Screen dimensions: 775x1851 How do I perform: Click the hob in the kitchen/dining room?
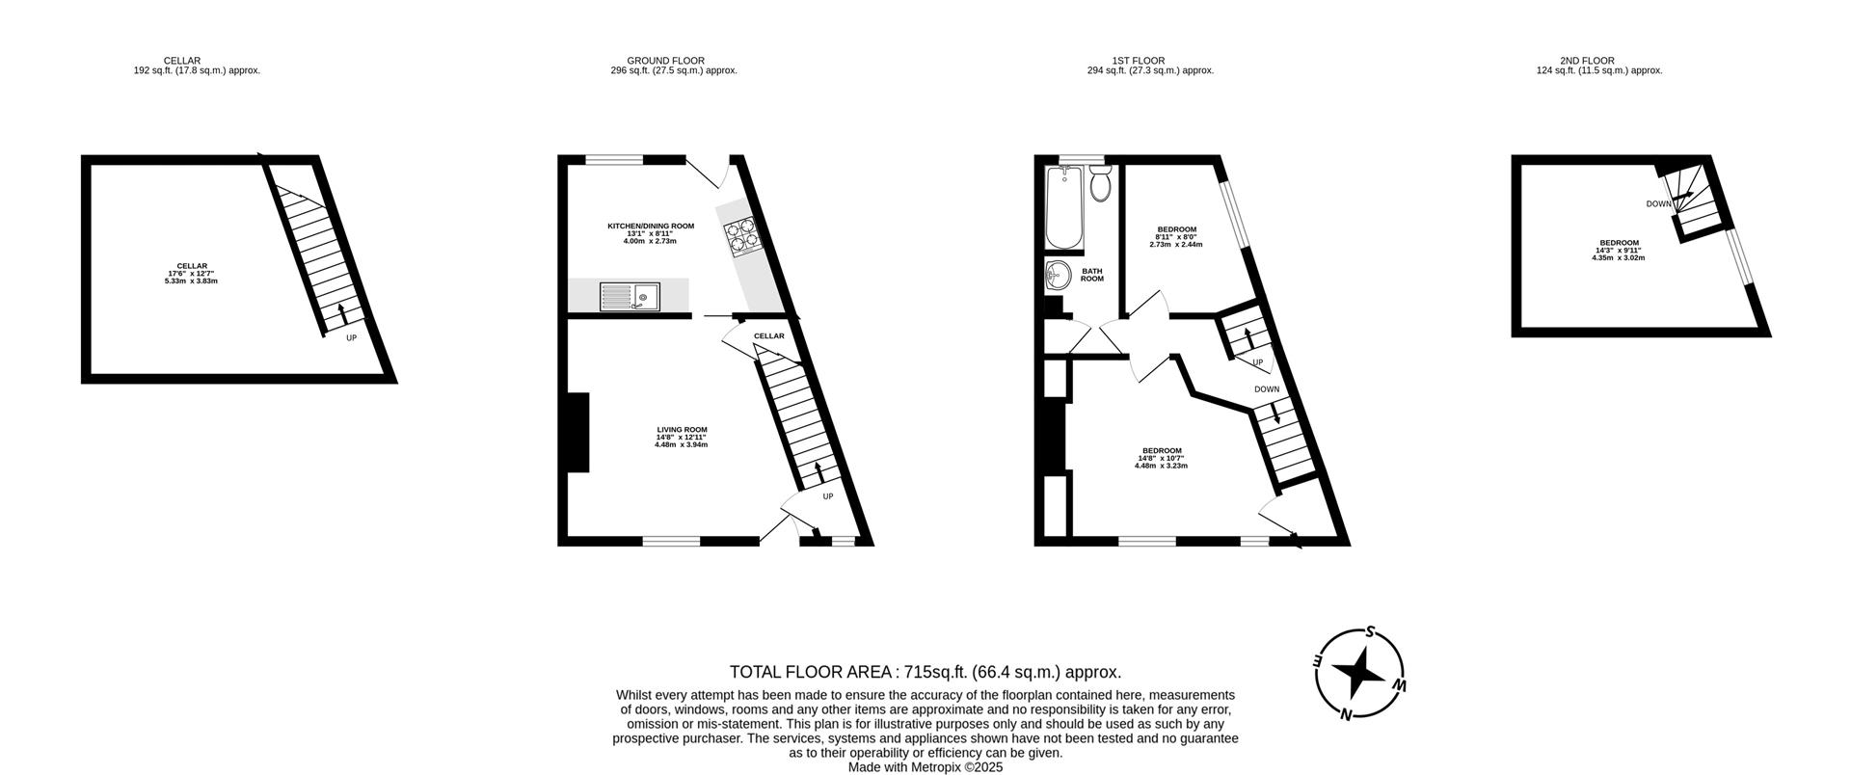click(740, 235)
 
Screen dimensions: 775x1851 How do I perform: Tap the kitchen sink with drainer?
click(629, 296)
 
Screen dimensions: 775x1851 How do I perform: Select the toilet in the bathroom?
click(1100, 183)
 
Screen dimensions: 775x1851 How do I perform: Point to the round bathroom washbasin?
click(1059, 276)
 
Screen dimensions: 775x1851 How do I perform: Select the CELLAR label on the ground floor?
click(768, 335)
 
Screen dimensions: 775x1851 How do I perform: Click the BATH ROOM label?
click(1091, 275)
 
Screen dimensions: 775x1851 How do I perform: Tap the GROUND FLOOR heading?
click(665, 61)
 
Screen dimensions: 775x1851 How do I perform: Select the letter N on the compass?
click(1346, 714)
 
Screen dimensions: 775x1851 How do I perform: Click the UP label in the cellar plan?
click(351, 338)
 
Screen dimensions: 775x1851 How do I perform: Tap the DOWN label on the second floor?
click(1658, 204)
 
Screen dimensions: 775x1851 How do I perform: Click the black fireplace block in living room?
click(577, 432)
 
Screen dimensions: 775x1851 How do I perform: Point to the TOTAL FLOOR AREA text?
click(925, 672)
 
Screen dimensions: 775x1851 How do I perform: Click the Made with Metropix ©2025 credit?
click(925, 767)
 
